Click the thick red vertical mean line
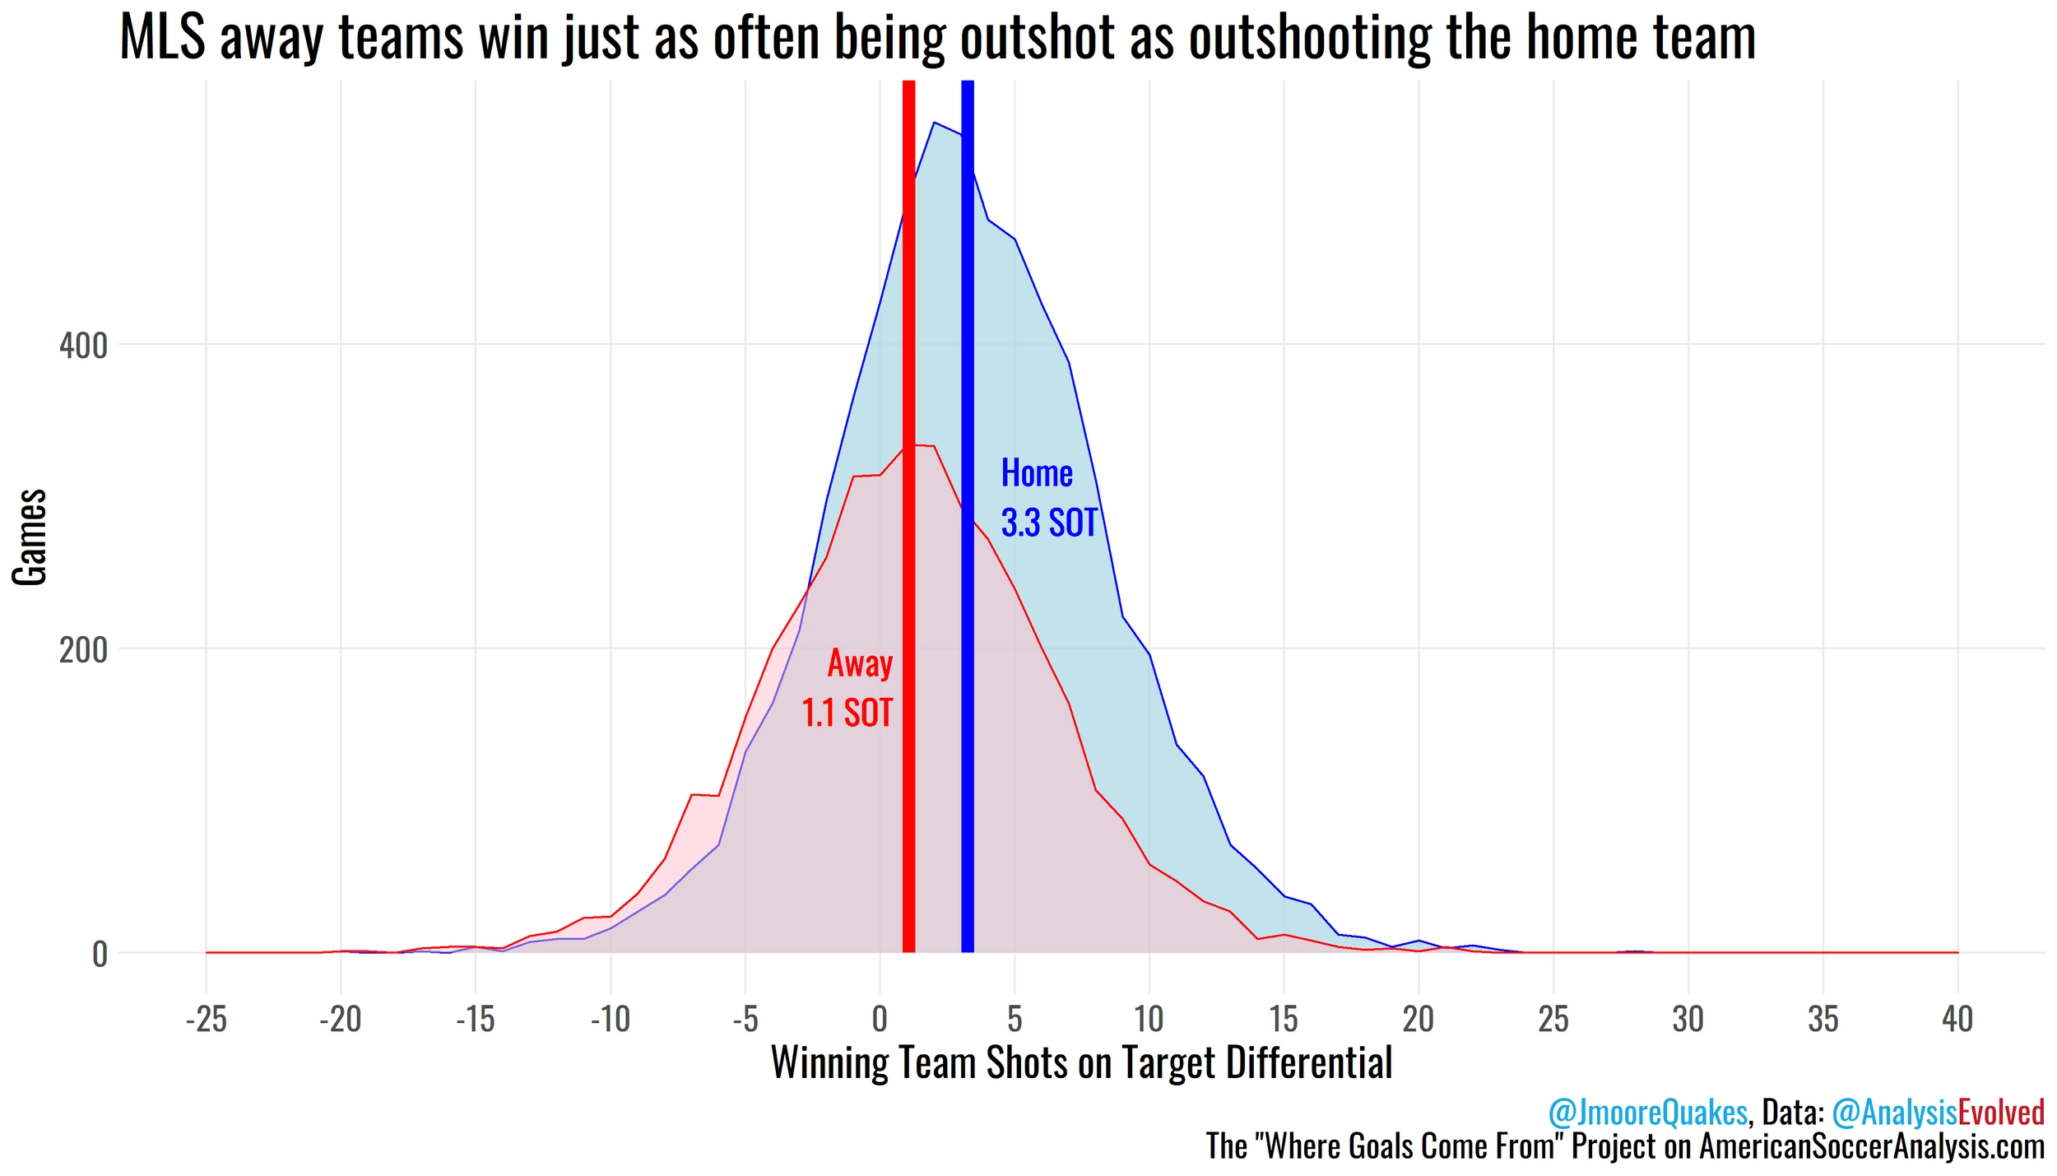coord(908,576)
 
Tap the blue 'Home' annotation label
coord(1036,473)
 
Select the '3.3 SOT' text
coord(1049,523)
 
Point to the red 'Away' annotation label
coord(860,663)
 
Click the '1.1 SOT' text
coord(847,713)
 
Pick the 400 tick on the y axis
coord(83,346)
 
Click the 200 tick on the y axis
coord(83,650)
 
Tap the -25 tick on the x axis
coord(206,1020)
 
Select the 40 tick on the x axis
coord(1957,1020)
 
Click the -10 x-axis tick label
coord(610,1020)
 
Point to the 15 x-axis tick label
coord(1284,1020)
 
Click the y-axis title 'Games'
coord(30,537)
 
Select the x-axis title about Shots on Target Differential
coord(1081,1062)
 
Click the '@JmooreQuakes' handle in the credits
coord(1647,1113)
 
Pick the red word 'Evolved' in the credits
coord(2001,1113)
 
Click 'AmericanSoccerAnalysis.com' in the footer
coord(1872,1146)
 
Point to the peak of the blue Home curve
coord(933,123)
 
